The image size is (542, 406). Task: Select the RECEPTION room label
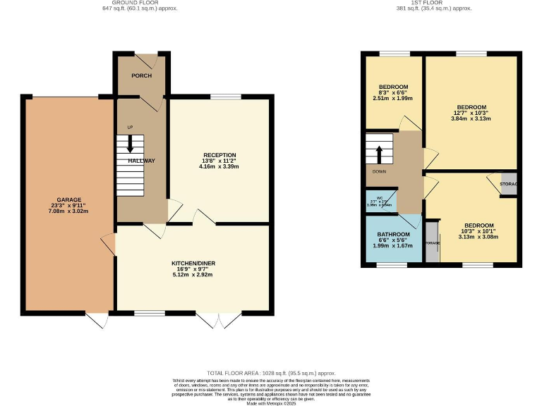pyautogui.click(x=219, y=155)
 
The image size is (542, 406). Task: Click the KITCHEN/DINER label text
pyautogui.click(x=193, y=263)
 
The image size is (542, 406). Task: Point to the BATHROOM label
pyautogui.click(x=393, y=234)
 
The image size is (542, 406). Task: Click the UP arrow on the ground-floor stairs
pyautogui.click(x=130, y=144)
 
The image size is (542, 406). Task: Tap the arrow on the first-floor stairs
pyautogui.click(x=379, y=153)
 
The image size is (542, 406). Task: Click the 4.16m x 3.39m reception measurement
pyautogui.click(x=219, y=167)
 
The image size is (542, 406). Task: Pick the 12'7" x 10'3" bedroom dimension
pyautogui.click(x=471, y=113)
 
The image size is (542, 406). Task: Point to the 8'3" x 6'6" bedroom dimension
pyautogui.click(x=392, y=93)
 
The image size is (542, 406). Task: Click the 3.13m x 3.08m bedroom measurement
pyautogui.click(x=469, y=237)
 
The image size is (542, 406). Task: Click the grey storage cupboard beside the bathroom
pyautogui.click(x=432, y=243)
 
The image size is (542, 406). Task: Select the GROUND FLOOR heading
pyautogui.click(x=140, y=3)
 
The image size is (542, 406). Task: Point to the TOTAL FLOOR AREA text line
pyautogui.click(x=271, y=373)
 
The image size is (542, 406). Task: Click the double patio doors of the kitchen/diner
pyautogui.click(x=219, y=319)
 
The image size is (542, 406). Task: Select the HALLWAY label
pyautogui.click(x=141, y=161)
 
